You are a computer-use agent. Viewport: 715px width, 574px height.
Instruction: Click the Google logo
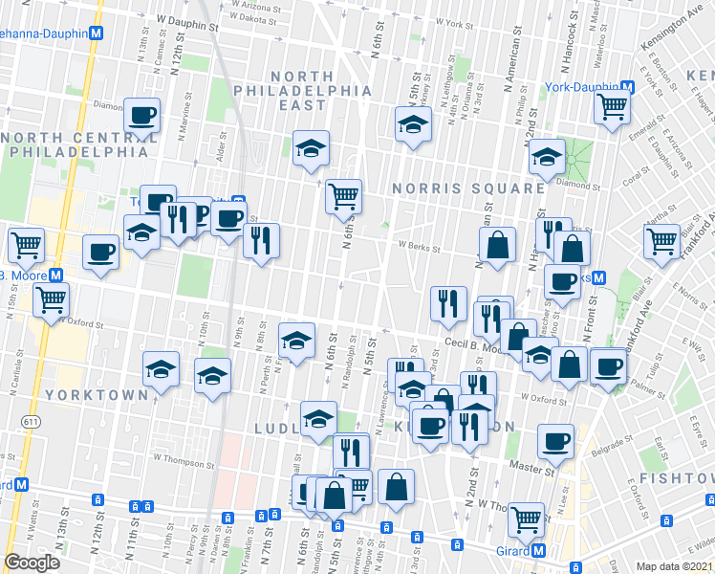tap(32, 563)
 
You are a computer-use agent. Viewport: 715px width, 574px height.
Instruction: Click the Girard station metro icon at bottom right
tap(539, 551)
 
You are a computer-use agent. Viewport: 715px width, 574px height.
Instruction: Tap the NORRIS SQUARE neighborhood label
tap(467, 188)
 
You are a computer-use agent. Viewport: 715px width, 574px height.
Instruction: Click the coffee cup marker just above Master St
tap(555, 442)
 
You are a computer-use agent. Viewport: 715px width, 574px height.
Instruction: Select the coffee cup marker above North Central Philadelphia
tap(142, 116)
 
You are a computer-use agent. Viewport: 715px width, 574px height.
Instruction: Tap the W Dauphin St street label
tap(187, 17)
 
